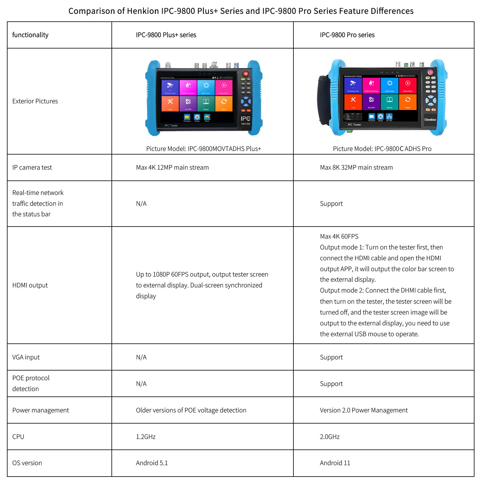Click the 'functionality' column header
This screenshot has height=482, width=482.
[x=30, y=35]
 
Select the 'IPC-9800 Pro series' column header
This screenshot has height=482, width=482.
[x=347, y=35]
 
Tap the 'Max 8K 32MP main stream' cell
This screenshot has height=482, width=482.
[x=356, y=167]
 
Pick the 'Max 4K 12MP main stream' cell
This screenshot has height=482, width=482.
[x=172, y=167]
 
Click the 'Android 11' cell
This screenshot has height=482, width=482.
[x=335, y=463]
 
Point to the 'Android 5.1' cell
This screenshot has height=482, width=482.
[x=152, y=463]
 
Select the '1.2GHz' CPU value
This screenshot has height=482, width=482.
[x=146, y=437]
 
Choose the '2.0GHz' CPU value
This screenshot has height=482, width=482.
[x=330, y=437]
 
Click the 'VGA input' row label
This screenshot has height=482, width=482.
[x=26, y=357]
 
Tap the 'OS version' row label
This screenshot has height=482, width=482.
[x=27, y=463]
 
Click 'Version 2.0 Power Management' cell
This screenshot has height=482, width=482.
[x=364, y=410]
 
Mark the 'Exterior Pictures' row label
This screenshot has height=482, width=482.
[x=35, y=101]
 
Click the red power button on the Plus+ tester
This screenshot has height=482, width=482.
[x=246, y=74]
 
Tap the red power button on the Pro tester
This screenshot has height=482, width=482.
[x=430, y=72]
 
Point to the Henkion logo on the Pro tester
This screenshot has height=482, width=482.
[x=430, y=120]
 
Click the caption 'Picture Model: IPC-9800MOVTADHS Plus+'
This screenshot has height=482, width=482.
[x=203, y=149]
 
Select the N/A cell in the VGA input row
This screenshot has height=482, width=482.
[x=141, y=357]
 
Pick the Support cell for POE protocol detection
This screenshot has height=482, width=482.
[x=331, y=384]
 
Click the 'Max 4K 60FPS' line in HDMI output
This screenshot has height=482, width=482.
[x=339, y=236]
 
